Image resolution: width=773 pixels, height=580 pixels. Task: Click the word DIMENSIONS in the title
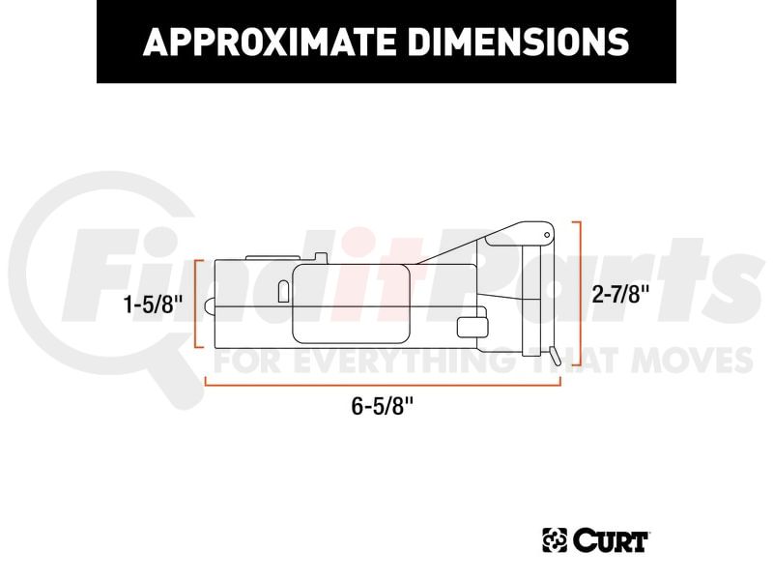pos(519,42)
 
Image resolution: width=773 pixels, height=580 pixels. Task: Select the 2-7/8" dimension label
pos(620,295)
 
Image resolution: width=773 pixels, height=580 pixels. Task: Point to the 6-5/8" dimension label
pos(382,406)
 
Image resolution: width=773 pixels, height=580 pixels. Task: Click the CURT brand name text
pos(611,540)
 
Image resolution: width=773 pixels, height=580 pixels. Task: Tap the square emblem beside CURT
pos(555,540)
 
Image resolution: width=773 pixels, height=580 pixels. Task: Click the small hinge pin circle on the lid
pos(547,235)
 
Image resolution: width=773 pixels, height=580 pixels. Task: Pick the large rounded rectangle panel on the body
pos(351,304)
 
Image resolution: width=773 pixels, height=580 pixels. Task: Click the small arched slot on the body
pos(283,292)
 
